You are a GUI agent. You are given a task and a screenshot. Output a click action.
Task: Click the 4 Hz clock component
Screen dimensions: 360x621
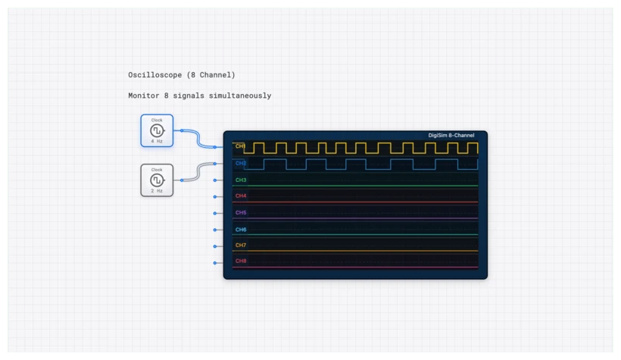point(157,130)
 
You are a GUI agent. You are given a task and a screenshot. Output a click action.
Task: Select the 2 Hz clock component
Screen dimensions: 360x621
point(157,180)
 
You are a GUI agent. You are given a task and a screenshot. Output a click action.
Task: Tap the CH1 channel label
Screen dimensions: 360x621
point(240,146)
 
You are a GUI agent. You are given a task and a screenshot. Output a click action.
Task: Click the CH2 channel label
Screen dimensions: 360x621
point(240,163)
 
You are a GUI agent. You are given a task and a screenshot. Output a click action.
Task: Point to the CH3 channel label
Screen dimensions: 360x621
point(240,180)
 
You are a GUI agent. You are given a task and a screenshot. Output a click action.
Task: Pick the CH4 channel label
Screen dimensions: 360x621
point(240,196)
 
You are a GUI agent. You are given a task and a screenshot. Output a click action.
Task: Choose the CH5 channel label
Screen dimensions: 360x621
point(240,212)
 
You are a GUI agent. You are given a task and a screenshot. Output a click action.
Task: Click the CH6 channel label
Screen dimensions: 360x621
point(240,229)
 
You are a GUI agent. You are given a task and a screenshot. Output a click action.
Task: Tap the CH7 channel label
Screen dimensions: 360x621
point(240,246)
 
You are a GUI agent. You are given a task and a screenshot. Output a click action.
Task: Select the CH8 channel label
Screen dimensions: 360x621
point(240,261)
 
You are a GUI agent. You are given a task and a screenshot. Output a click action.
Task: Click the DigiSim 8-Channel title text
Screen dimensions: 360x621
point(451,136)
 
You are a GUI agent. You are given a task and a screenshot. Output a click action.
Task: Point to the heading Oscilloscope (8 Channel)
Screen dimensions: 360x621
point(182,75)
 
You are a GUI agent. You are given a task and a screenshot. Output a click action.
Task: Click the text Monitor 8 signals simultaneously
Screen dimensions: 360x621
point(199,96)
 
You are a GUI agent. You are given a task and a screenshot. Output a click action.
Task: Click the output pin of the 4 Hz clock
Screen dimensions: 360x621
point(182,130)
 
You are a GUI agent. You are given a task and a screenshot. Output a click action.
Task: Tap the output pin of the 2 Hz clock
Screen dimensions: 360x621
point(182,180)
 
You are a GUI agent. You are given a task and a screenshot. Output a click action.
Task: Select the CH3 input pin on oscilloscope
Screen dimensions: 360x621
point(215,180)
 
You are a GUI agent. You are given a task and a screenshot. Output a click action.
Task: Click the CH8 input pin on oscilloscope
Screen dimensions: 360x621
point(215,263)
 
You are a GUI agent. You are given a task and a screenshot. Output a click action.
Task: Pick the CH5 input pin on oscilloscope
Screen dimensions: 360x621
point(215,214)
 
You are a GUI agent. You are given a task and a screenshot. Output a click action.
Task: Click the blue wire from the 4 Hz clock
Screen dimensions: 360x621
point(198,139)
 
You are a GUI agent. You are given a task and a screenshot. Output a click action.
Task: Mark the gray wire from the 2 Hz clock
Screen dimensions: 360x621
point(198,171)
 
